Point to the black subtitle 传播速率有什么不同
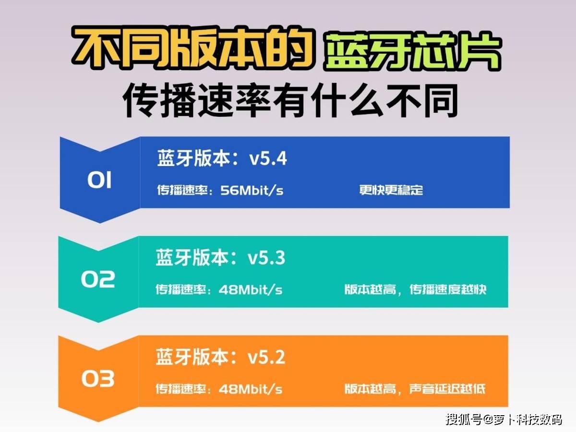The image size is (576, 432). point(290,100)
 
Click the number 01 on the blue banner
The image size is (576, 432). point(99,180)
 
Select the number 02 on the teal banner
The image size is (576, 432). point(98,279)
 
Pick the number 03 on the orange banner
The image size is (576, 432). point(98,379)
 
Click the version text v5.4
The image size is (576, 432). point(268,159)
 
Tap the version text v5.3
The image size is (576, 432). point(266,258)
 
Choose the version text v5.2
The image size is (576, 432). point(266,357)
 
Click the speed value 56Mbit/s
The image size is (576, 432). point(252,190)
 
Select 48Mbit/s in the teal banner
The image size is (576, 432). point(251,289)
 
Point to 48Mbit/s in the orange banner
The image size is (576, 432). point(251,389)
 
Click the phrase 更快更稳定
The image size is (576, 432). point(391,190)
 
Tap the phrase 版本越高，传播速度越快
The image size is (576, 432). point(415,289)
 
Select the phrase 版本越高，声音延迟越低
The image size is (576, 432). point(415,389)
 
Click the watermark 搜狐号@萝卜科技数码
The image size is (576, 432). point(504,420)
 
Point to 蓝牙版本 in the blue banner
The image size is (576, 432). point(193,158)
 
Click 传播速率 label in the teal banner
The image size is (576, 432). point(180,289)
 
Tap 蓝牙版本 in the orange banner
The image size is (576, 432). point(192,357)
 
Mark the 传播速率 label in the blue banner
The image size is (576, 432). point(182,190)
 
